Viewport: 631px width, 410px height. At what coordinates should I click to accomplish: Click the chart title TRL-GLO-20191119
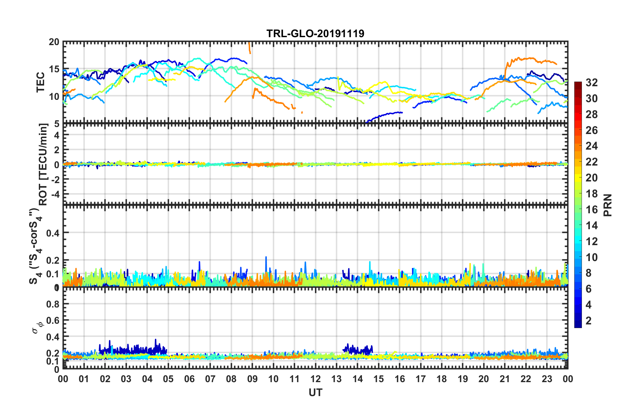click(315, 34)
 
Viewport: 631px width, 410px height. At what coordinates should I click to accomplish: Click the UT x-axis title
click(315, 393)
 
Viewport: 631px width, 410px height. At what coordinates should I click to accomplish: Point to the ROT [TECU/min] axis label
click(43, 164)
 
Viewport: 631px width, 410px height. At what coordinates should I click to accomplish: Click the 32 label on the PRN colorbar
click(592, 83)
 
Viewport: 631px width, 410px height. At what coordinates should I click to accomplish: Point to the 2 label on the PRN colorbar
click(589, 321)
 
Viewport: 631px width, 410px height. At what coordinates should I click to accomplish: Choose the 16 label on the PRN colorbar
click(592, 210)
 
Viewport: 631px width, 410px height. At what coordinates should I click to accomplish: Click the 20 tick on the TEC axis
click(54, 42)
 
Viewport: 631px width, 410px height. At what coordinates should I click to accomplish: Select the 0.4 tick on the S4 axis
click(53, 233)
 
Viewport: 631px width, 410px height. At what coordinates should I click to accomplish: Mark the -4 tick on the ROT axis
click(55, 193)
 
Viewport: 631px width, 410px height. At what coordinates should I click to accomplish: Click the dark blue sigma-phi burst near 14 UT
click(358, 349)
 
